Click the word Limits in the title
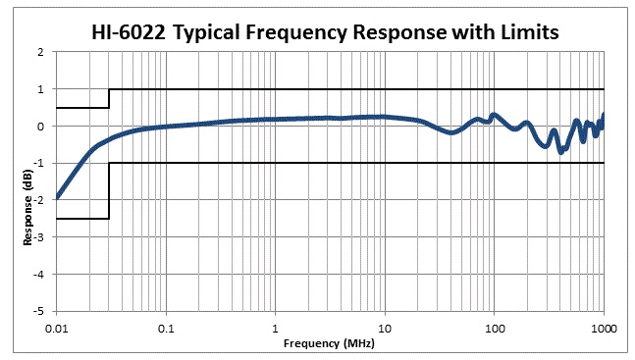click(523, 32)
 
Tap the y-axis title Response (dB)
click(28, 180)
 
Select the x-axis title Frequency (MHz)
click(329, 344)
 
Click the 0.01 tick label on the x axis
click(58, 328)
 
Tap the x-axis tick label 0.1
click(167, 328)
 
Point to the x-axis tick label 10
click(385, 328)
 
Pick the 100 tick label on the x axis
click(494, 328)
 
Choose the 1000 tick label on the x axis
click(602, 328)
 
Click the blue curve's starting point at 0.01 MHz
click(58, 197)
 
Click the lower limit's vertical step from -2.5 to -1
click(109, 190)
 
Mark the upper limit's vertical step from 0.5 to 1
click(109, 98)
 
